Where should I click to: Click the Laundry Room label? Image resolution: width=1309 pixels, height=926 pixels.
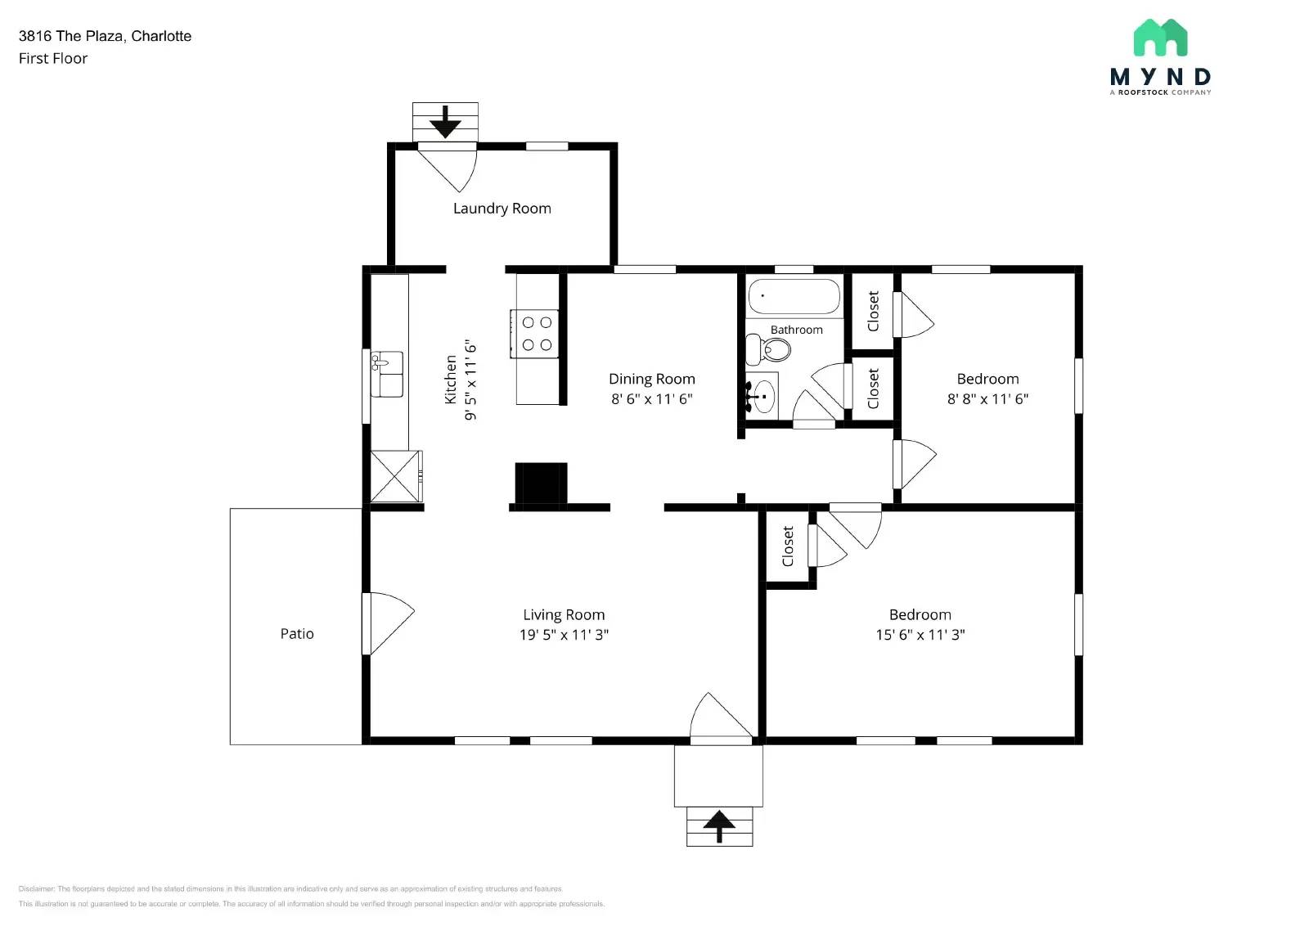pyautogui.click(x=502, y=209)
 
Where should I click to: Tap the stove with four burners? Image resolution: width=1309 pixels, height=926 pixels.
pyautogui.click(x=536, y=334)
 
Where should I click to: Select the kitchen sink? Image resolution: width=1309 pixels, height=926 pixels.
pyautogui.click(x=387, y=374)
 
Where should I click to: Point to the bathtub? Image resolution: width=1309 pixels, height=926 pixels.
pyautogui.click(x=794, y=297)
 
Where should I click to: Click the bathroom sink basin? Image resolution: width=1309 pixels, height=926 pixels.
pyautogui.click(x=763, y=397)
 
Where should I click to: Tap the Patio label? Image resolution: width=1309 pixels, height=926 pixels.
pyautogui.click(x=296, y=634)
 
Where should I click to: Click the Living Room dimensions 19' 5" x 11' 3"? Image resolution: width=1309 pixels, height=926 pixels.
pyautogui.click(x=564, y=635)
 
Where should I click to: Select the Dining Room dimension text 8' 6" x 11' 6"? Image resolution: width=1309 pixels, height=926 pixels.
pyautogui.click(x=651, y=399)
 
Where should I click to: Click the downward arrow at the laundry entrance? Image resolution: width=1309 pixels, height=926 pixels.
pyautogui.click(x=445, y=122)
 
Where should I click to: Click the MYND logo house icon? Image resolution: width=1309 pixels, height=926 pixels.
pyautogui.click(x=1160, y=38)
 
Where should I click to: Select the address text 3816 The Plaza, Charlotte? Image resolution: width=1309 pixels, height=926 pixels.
pyautogui.click(x=105, y=36)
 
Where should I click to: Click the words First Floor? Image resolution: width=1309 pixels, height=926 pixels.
pyautogui.click(x=53, y=59)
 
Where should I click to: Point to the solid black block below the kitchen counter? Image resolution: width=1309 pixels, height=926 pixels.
pyautogui.click(x=541, y=483)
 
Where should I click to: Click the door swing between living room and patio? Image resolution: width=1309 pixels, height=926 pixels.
pyautogui.click(x=388, y=623)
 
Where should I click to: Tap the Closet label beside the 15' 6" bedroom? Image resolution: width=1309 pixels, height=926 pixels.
pyautogui.click(x=788, y=546)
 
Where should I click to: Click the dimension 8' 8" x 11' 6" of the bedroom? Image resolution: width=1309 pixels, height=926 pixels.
pyautogui.click(x=987, y=399)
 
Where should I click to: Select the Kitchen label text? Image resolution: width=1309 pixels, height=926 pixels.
pyautogui.click(x=451, y=379)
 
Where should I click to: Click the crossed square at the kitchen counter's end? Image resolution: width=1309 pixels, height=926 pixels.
pyautogui.click(x=396, y=476)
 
